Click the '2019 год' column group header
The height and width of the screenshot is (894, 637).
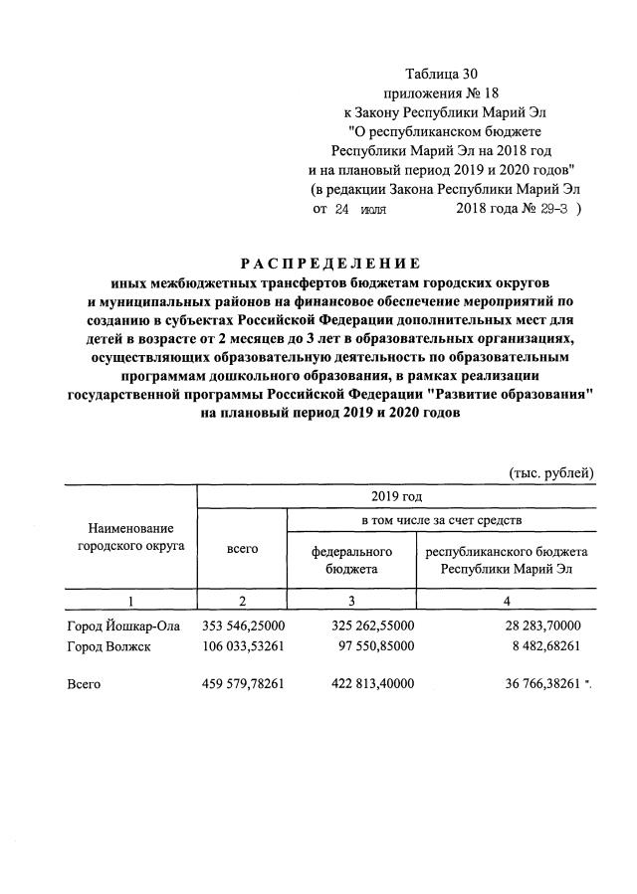click(396, 495)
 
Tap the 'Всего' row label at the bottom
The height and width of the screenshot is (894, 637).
click(86, 684)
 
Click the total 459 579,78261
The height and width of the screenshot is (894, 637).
click(243, 684)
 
